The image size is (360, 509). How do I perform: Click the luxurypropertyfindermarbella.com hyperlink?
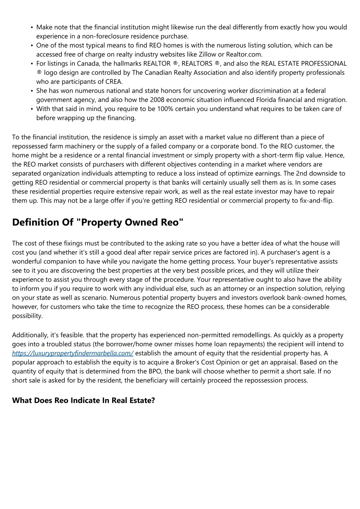(x=73, y=353)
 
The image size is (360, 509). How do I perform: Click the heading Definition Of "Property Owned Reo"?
(x=98, y=222)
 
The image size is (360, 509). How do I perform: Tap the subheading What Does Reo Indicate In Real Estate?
(x=83, y=400)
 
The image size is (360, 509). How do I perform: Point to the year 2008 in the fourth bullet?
(x=157, y=100)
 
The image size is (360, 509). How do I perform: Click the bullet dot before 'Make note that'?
(x=32, y=27)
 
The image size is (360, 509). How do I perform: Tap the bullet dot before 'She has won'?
(x=32, y=91)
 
